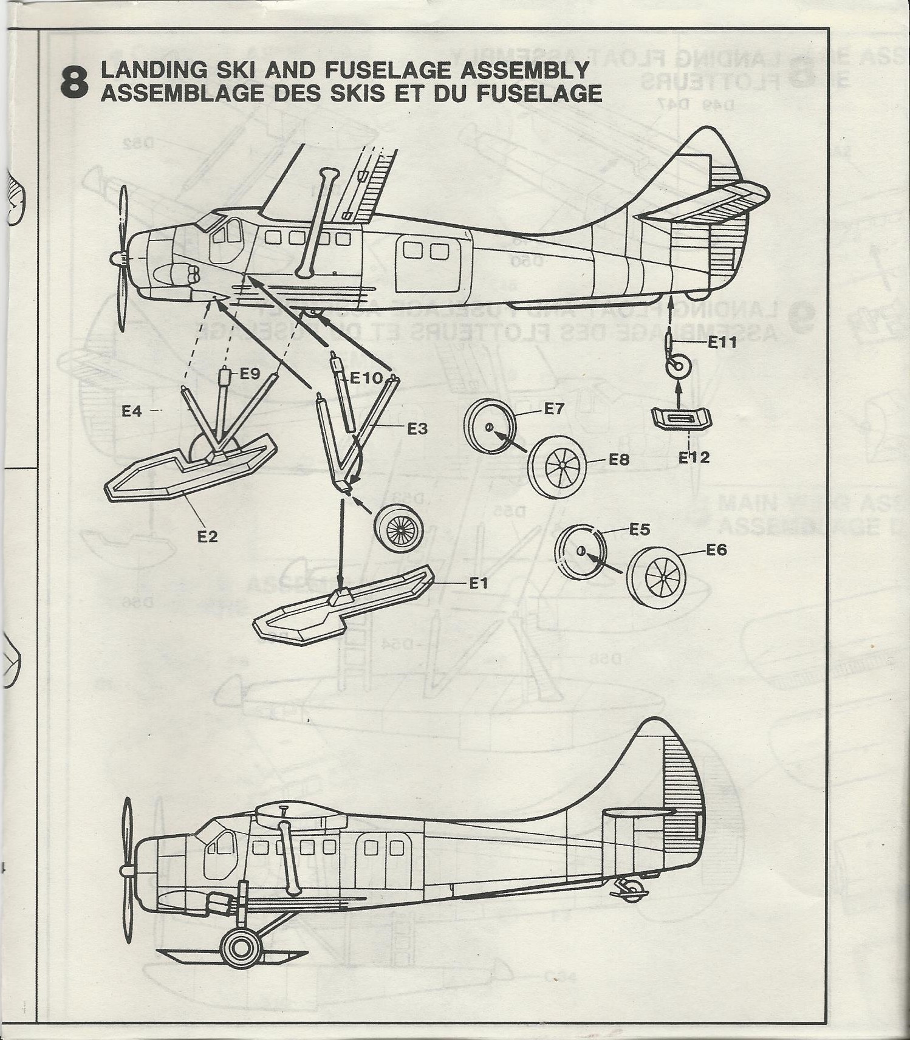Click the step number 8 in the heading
(x=74, y=83)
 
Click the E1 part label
(x=479, y=583)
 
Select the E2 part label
(x=207, y=536)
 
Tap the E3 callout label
(x=417, y=429)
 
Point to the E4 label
(x=131, y=411)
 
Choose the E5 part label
(x=640, y=530)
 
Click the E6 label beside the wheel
(x=716, y=550)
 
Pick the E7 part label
(x=554, y=409)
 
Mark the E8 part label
(x=620, y=460)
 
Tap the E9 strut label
(x=250, y=374)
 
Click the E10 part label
(x=367, y=378)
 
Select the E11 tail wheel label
(x=722, y=343)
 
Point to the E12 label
(x=694, y=457)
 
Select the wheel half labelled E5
(x=581, y=552)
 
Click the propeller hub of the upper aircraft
(x=119, y=261)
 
